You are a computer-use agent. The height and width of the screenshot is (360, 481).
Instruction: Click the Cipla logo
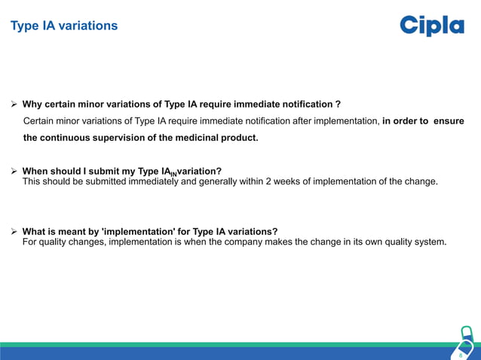tap(431, 26)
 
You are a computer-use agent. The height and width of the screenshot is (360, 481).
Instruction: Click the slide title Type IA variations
tap(63, 26)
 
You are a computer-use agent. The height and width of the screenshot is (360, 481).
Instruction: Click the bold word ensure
tap(449, 121)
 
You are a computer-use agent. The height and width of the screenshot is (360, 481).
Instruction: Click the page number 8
tap(461, 353)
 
